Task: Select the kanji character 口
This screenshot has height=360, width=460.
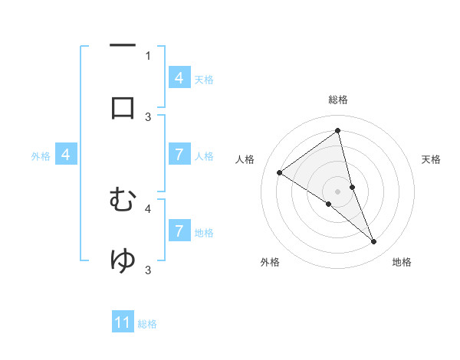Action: (123, 106)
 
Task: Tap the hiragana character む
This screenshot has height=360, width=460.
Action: (123, 200)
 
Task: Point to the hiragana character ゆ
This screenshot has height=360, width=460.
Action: (123, 260)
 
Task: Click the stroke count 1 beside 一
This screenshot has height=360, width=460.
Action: (148, 55)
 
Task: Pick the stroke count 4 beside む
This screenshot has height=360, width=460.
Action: (148, 208)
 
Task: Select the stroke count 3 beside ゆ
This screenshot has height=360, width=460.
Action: (148, 270)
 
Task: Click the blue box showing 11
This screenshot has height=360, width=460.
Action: (123, 323)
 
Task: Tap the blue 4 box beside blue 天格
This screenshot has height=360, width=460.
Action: (179, 77)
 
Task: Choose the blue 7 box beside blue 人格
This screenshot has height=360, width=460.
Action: (179, 155)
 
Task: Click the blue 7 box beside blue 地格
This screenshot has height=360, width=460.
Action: (179, 231)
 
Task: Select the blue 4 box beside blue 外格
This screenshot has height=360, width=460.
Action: (66, 155)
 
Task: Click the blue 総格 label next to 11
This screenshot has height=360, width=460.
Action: (147, 324)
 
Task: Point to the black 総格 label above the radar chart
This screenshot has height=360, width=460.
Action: (338, 100)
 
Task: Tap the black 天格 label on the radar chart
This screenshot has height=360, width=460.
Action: (432, 159)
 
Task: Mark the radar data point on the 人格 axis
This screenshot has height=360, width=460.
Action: (280, 172)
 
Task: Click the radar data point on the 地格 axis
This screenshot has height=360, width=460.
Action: (374, 242)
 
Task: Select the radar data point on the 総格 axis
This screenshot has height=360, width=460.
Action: (338, 131)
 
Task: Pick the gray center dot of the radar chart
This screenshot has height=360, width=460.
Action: (338, 191)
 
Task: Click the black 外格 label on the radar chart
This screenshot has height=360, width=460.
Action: (270, 263)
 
